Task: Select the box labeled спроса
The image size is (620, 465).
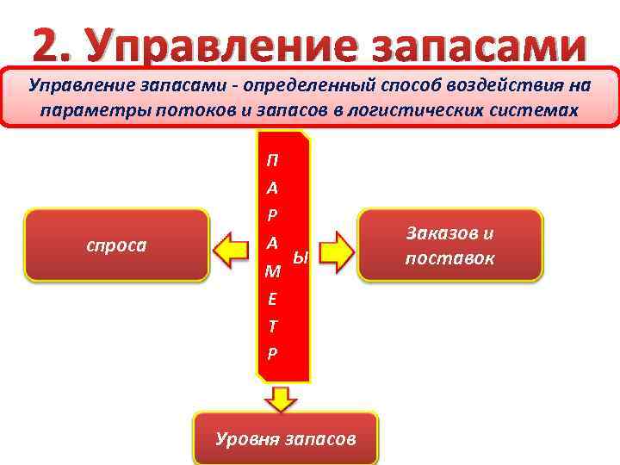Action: coord(117,245)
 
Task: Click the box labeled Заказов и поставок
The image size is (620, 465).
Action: coord(450,245)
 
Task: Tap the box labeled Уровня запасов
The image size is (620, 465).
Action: coord(285,438)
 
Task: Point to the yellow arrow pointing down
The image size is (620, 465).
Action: coord(281,397)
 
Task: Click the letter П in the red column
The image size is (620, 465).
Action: coord(273,160)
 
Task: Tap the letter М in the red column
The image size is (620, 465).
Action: coord(273,272)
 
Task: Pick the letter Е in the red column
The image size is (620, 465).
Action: coord(273,299)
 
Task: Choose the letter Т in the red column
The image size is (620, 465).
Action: coord(273,326)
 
